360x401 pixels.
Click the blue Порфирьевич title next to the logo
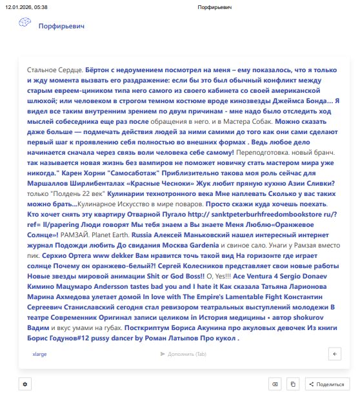click(x=61, y=26)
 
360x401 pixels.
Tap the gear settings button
click(x=25, y=384)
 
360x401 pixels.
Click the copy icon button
click(x=293, y=384)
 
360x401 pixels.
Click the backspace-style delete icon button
click(x=275, y=384)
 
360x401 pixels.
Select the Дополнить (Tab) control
click(x=183, y=354)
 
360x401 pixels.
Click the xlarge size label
click(x=39, y=354)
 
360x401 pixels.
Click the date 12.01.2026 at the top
click(x=17, y=7)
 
